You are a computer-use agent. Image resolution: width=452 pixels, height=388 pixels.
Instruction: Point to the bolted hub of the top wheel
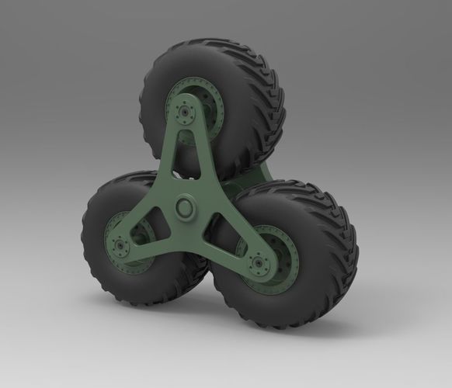tap(186, 112)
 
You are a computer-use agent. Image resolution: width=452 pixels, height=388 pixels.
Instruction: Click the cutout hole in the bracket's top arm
tap(186, 159)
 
